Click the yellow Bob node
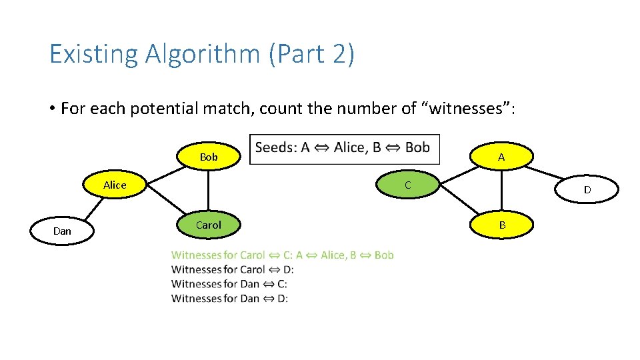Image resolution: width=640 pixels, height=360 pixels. (208, 157)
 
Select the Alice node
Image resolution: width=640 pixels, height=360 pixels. (115, 185)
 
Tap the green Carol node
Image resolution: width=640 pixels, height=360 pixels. (208, 225)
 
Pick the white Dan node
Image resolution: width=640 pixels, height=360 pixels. (62, 231)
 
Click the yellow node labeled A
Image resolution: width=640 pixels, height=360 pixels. (501, 157)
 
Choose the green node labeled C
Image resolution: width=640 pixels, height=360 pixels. (408, 185)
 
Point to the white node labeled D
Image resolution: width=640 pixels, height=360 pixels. (587, 189)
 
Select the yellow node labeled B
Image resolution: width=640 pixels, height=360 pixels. (501, 225)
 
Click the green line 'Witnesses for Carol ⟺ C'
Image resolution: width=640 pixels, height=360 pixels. (282, 255)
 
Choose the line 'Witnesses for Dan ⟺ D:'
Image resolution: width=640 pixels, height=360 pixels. (229, 299)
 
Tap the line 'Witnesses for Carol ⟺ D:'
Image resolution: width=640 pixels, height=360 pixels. (232, 269)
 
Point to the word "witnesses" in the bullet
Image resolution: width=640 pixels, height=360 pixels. (469, 108)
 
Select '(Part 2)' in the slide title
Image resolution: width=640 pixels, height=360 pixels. (311, 54)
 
